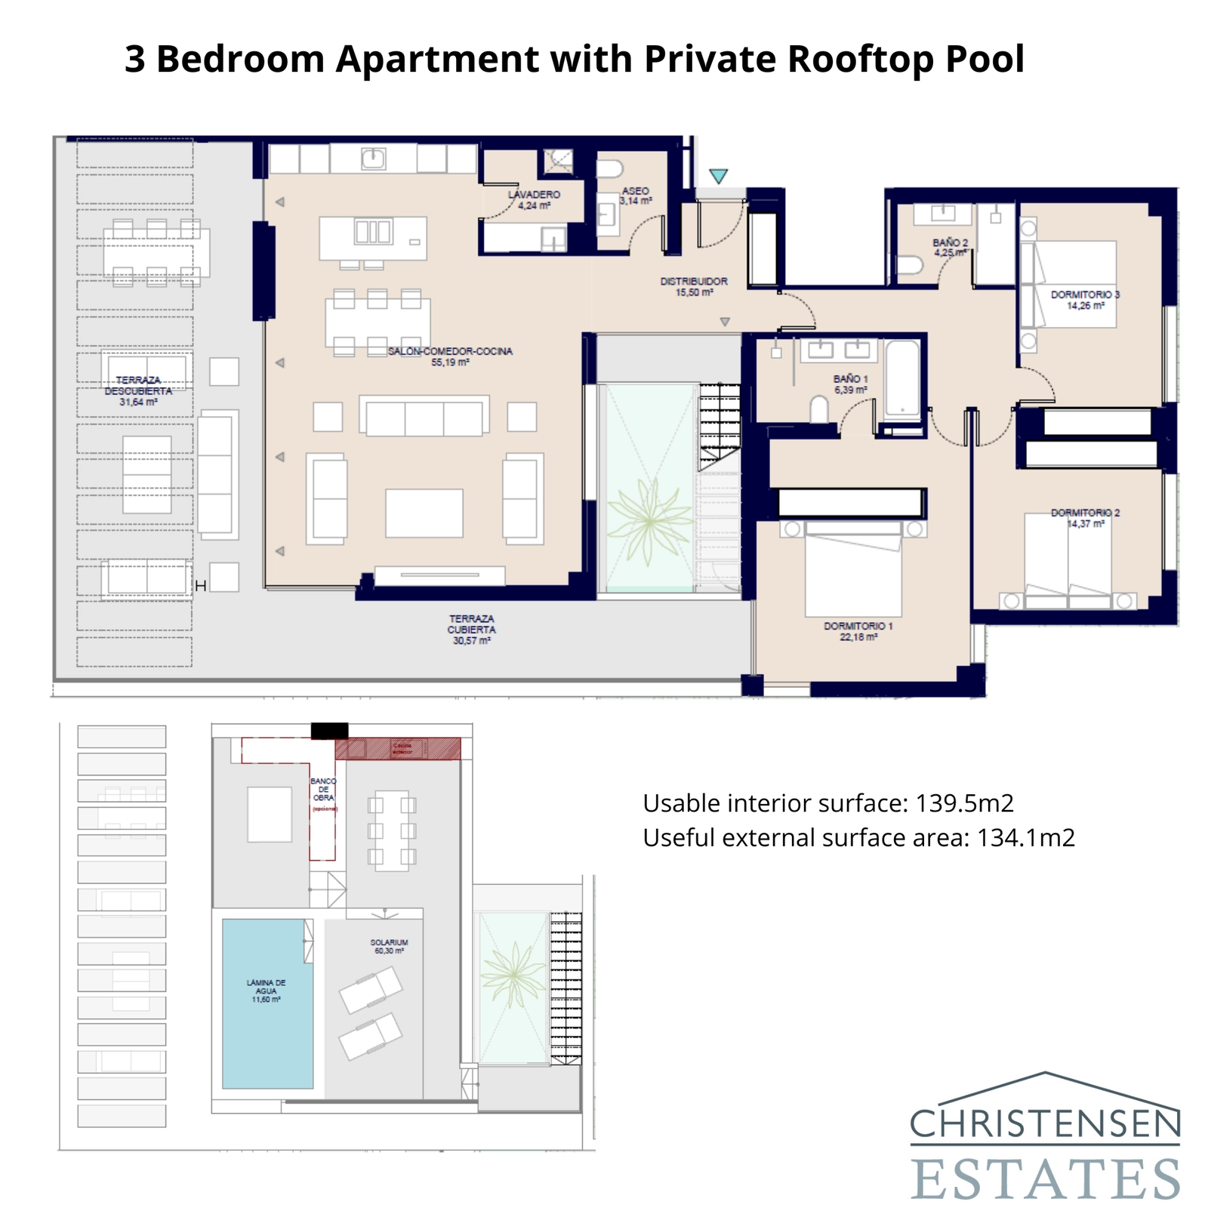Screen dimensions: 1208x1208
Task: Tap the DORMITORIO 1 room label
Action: (x=858, y=631)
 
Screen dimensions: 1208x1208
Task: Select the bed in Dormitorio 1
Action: (x=853, y=574)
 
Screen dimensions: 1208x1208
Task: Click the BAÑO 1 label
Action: (x=850, y=384)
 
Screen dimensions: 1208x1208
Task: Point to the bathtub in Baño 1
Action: (x=903, y=381)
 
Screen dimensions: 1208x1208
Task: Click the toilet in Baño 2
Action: (x=911, y=265)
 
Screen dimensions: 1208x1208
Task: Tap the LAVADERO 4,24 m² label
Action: (x=534, y=199)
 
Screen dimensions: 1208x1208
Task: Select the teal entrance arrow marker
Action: (x=718, y=176)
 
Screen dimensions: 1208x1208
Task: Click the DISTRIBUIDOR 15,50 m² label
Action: (x=694, y=286)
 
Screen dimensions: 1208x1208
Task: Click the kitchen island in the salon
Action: (x=372, y=237)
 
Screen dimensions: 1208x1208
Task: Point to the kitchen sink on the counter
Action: (x=373, y=159)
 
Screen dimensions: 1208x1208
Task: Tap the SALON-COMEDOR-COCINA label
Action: (x=450, y=356)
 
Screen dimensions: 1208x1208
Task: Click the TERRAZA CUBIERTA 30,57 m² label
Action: (x=472, y=630)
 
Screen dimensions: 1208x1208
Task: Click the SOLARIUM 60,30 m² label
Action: (x=389, y=946)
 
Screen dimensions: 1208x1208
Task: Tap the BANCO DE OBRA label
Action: (x=323, y=790)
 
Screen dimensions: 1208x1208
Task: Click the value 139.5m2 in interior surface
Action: (x=964, y=803)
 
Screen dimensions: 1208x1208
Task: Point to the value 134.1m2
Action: (x=1025, y=838)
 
